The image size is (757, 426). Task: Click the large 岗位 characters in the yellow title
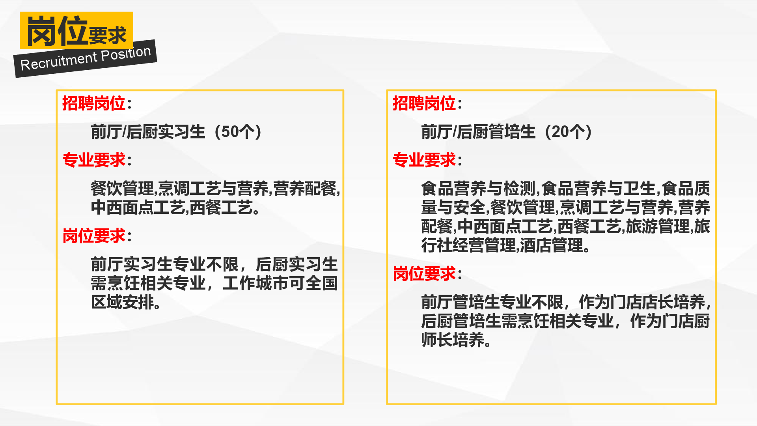(x=57, y=31)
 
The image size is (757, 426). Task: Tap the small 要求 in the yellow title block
(x=108, y=35)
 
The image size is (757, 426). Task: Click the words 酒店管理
(x=552, y=245)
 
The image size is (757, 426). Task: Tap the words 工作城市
(x=255, y=283)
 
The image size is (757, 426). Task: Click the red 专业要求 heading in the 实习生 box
(x=94, y=160)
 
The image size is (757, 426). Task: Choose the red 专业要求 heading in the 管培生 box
(x=424, y=160)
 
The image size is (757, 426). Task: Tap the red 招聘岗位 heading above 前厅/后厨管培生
(x=424, y=103)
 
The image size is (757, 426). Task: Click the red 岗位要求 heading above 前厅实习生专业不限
(x=94, y=236)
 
